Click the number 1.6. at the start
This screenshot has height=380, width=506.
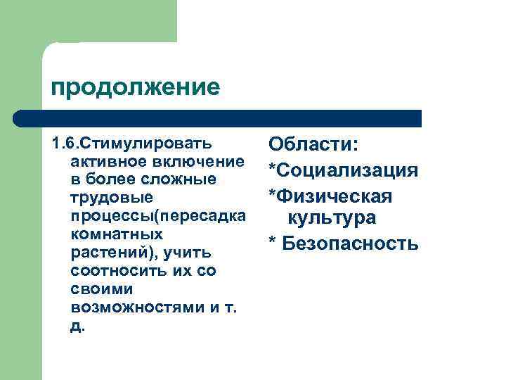pyautogui.click(x=63, y=144)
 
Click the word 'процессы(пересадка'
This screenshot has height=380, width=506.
pyautogui.click(x=158, y=216)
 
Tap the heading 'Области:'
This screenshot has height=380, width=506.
pyautogui.click(x=314, y=144)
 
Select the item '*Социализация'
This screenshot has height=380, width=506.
pyautogui.click(x=343, y=170)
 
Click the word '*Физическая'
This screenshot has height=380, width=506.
pyautogui.click(x=330, y=195)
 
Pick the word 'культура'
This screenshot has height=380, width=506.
pyautogui.click(x=331, y=218)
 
